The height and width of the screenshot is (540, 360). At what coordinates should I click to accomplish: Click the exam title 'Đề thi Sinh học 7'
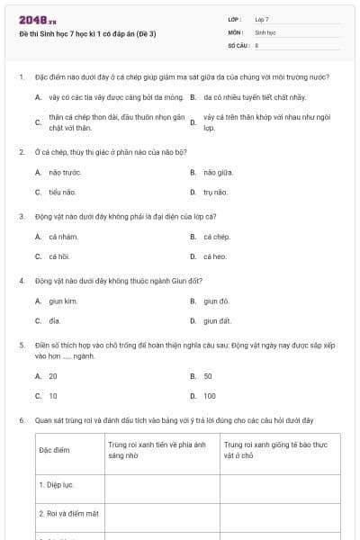[x=87, y=33]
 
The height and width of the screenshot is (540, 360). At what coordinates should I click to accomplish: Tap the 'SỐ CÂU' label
[x=238, y=44]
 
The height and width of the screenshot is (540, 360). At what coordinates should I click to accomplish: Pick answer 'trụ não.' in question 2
[x=216, y=192]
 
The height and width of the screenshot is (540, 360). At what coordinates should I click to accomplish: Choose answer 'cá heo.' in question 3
[x=216, y=256]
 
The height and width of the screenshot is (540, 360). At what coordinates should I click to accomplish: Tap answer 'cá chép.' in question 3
[x=217, y=237]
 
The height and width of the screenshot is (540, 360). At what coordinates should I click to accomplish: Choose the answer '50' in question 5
[x=208, y=376]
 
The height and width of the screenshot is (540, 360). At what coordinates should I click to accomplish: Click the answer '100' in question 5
[x=210, y=396]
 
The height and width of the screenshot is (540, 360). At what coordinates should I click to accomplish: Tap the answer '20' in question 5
[x=53, y=376]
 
